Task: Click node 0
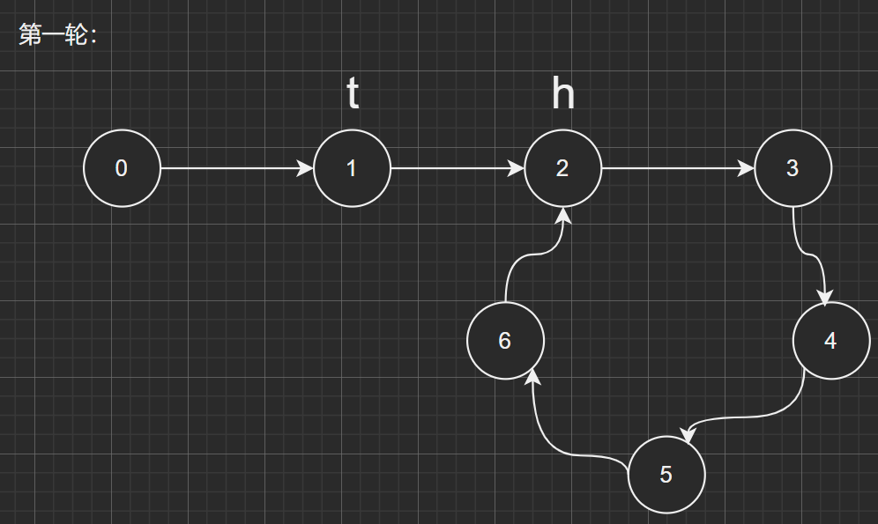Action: (122, 168)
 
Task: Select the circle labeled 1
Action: (352, 168)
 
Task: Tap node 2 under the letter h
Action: (562, 168)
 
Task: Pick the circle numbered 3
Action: (792, 168)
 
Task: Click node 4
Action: (830, 341)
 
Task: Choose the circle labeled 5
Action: (666, 475)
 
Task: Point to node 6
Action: (504, 341)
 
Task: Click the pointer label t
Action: (353, 93)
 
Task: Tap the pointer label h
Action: (562, 93)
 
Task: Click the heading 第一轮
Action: (57, 35)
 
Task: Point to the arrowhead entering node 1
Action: (307, 168)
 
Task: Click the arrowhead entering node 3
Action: (748, 168)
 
